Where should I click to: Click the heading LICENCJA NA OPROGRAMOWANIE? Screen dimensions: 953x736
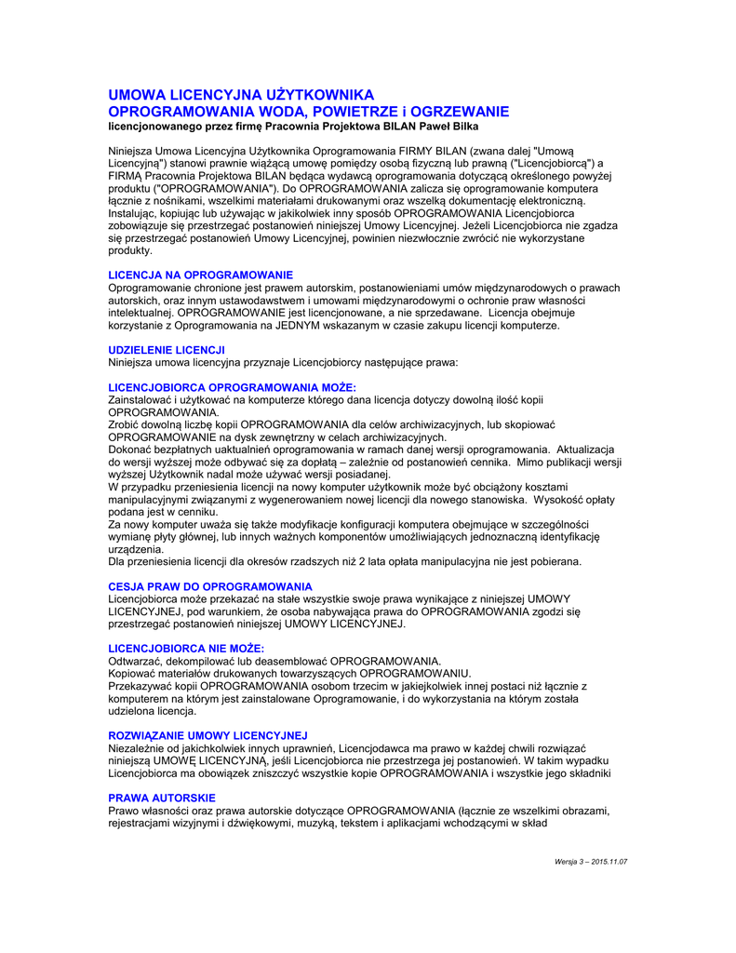tap(201, 275)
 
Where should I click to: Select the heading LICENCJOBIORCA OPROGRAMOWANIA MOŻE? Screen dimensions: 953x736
tap(233, 387)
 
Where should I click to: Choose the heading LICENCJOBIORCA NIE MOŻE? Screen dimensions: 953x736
tap(186, 648)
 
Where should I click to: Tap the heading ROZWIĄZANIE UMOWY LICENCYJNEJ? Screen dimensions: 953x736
tap(208, 735)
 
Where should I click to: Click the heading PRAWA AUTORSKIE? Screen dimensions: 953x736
tap(162, 798)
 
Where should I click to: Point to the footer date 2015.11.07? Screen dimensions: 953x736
tap(609, 862)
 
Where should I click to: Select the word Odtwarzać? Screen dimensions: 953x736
tap(136, 661)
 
